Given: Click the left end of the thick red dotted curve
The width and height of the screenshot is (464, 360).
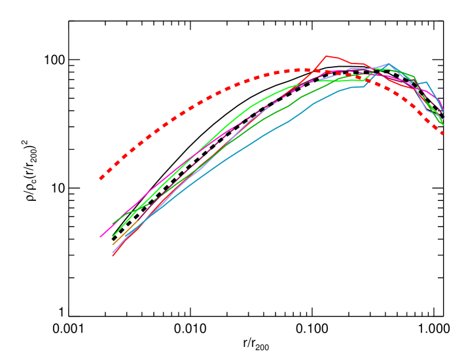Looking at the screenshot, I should click(x=101, y=178).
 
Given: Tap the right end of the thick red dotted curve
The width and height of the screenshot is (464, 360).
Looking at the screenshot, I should click(x=444, y=134).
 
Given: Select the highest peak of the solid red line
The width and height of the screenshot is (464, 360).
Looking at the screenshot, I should click(x=327, y=56).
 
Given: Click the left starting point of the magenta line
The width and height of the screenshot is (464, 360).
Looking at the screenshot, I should click(x=100, y=237).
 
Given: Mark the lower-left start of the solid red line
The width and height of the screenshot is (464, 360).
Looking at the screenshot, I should click(x=113, y=255).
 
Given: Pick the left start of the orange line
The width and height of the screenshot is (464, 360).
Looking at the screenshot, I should click(x=113, y=245).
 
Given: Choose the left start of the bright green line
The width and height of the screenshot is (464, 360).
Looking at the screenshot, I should click(x=113, y=236).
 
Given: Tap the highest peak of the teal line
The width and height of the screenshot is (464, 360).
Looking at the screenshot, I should click(x=389, y=63).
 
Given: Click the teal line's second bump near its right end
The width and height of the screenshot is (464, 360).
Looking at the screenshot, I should click(x=426, y=82).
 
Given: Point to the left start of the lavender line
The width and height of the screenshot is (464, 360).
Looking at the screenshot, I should click(x=113, y=252).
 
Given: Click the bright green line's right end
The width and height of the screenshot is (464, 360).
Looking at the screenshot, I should click(x=443, y=125).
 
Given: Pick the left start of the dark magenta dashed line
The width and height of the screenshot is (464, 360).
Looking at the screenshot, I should click(x=137, y=221).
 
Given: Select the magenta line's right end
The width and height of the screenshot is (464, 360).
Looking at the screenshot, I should click(x=443, y=109).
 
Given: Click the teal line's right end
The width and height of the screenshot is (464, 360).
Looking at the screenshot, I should click(x=443, y=112).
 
